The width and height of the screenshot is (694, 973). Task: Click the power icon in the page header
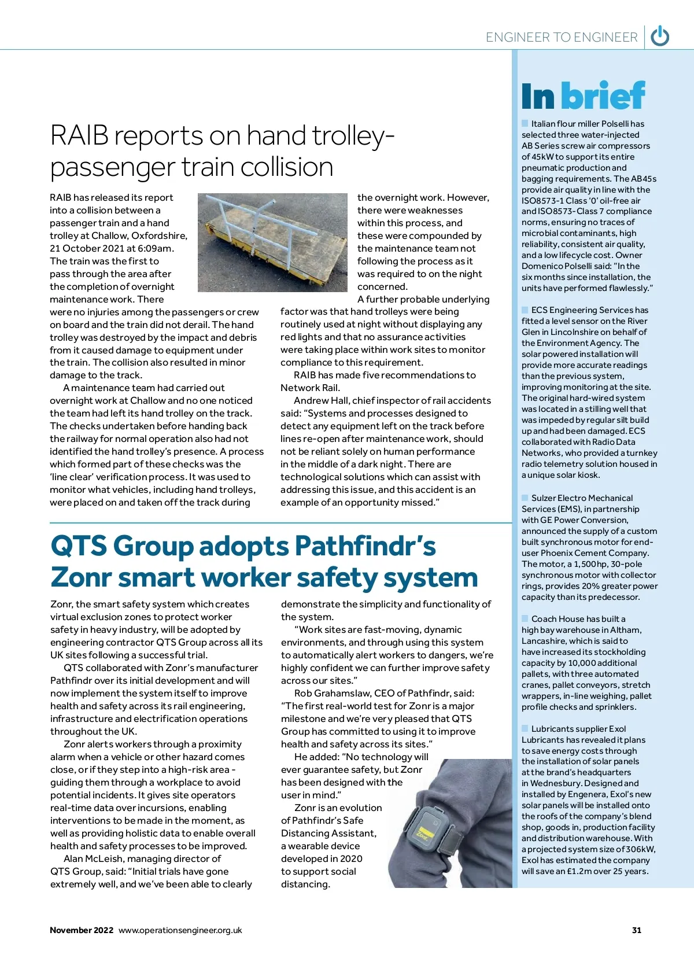coord(660,36)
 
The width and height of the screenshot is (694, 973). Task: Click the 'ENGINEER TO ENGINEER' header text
coord(561,38)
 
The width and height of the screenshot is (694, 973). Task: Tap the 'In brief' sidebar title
coord(582,96)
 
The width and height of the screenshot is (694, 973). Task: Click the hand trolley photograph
coord(272,242)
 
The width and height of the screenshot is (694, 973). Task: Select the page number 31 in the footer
coord(637,930)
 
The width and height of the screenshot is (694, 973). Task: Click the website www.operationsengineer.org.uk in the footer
coord(180,930)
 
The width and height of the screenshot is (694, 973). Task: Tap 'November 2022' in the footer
coord(82,930)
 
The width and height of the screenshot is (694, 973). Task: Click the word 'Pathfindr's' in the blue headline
coord(365,546)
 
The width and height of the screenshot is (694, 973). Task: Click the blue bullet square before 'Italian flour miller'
coord(525,123)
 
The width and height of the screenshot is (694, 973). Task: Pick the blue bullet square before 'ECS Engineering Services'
coord(525,309)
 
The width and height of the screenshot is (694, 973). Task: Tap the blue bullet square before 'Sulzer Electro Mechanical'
coord(525,497)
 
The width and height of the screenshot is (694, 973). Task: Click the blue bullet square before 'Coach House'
coord(525,618)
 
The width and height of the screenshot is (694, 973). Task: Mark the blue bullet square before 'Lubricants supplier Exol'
coord(525,728)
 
